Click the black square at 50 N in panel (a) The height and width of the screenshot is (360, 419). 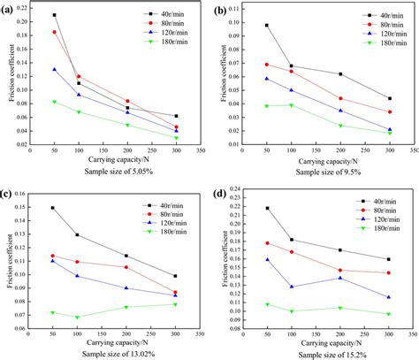tap(55, 15)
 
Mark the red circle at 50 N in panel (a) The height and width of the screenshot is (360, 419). tap(55, 32)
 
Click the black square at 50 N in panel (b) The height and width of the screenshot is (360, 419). tap(267, 26)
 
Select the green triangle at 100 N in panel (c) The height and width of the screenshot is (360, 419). tap(78, 317)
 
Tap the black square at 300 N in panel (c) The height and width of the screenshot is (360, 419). tap(174, 276)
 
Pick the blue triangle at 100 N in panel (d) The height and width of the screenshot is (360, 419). tap(292, 287)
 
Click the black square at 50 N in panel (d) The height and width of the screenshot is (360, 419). tap(268, 208)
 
